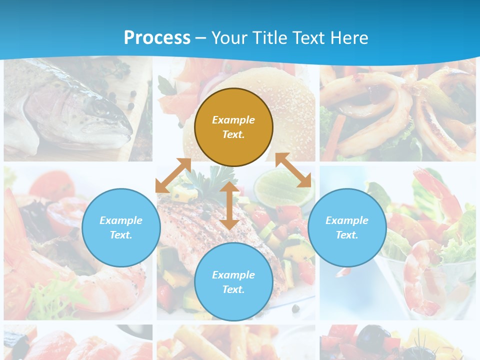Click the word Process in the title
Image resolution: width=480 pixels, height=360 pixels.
coord(157,37)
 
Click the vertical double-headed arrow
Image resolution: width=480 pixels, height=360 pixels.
coord(229,205)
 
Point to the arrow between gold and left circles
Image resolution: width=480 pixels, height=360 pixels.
coord(173,175)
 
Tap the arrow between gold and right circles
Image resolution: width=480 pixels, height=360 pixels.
coord(293,170)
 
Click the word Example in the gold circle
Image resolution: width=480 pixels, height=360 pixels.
coord(233,120)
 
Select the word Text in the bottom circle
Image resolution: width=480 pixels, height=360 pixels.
coord(233,289)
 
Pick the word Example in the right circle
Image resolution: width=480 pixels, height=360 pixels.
coord(347,220)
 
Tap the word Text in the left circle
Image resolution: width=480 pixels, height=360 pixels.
coord(121,235)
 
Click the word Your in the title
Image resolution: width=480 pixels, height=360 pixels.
coord(228,37)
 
